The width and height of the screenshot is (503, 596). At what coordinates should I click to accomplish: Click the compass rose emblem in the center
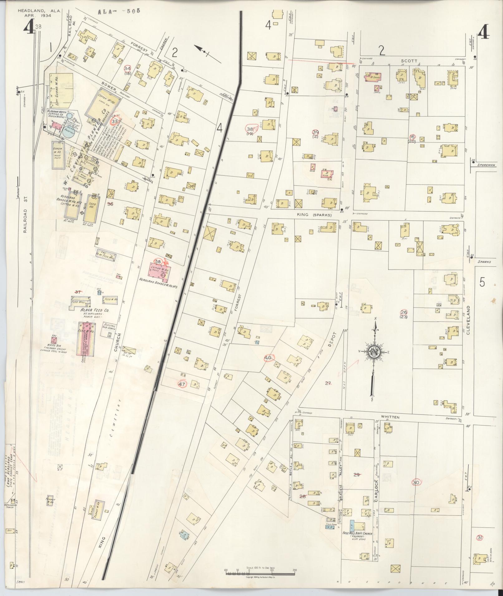click(x=374, y=352)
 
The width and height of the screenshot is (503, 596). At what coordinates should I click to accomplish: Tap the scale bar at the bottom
click(x=260, y=571)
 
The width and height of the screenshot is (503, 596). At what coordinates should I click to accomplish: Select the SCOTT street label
click(x=410, y=61)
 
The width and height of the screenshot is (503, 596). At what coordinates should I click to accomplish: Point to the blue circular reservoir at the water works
click(x=69, y=132)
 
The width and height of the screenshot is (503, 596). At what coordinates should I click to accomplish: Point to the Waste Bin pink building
click(x=54, y=339)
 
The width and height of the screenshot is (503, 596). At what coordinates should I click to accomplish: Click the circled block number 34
click(x=127, y=69)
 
